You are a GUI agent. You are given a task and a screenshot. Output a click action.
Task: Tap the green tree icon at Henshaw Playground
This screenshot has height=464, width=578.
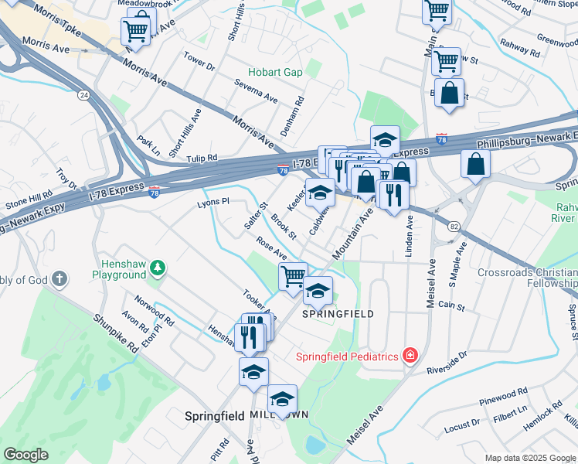(158, 268)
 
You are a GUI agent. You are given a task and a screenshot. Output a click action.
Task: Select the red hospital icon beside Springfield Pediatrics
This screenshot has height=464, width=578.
(410, 356)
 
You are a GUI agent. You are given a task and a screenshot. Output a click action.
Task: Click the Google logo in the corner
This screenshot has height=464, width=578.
(25, 455)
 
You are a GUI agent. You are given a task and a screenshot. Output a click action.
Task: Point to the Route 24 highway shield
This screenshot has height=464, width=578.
(83, 95)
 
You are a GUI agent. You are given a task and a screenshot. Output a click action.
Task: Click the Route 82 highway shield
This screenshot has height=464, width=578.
(454, 225)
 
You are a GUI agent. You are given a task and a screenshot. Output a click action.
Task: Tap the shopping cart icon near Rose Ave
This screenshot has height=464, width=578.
(292, 275)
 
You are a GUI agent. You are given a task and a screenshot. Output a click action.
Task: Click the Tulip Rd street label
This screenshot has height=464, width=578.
(202, 158)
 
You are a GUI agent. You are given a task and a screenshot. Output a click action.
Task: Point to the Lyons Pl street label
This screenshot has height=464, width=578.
(213, 201)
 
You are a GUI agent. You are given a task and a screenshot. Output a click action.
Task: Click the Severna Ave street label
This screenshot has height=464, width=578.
(257, 90)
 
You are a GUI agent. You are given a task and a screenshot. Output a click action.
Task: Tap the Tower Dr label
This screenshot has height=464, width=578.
(199, 61)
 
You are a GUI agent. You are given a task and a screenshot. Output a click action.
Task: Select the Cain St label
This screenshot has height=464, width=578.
(450, 306)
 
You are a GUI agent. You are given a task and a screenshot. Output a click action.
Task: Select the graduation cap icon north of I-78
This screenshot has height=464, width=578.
(385, 140)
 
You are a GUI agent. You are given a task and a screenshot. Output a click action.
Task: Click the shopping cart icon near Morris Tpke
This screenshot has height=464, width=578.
(136, 31)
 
